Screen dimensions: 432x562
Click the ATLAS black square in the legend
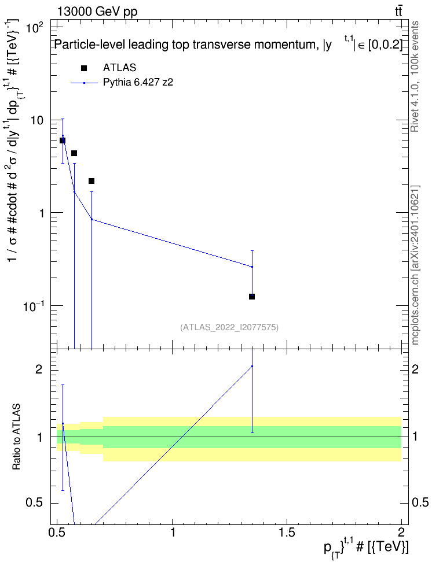click(x=84, y=68)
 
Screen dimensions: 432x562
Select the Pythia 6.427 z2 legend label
click(x=138, y=83)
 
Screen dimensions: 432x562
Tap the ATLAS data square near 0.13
click(x=252, y=297)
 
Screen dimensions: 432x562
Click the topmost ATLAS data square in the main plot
click(x=63, y=140)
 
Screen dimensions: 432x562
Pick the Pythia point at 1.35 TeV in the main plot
click(x=252, y=267)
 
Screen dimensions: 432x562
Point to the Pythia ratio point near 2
click(x=252, y=367)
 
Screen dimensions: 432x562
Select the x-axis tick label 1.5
click(x=287, y=532)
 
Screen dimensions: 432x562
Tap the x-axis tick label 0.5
click(x=57, y=532)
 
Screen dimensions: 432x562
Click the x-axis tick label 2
click(x=401, y=532)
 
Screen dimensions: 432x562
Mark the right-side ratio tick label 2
click(x=415, y=369)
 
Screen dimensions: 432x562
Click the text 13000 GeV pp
click(x=97, y=12)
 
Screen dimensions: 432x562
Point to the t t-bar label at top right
click(x=398, y=11)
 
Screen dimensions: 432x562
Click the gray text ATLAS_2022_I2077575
click(x=229, y=327)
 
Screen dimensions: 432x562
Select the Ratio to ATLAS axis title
click(x=16, y=437)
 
